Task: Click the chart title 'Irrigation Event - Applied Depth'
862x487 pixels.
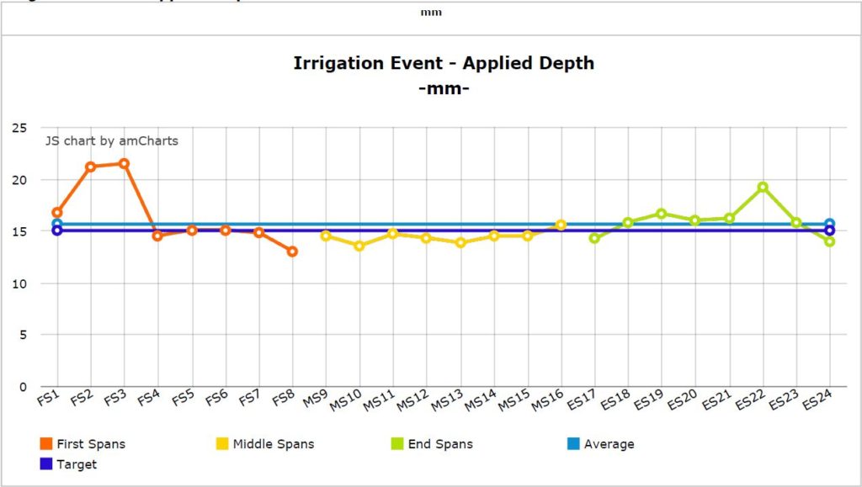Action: pyautogui.click(x=444, y=63)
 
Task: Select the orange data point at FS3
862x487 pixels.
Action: pyautogui.click(x=124, y=163)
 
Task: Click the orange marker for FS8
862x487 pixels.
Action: pyautogui.click(x=292, y=251)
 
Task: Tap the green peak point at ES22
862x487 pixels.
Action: pyautogui.click(x=763, y=187)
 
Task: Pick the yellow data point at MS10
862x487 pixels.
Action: pyautogui.click(x=359, y=246)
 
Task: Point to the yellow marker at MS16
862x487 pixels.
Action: pyautogui.click(x=561, y=225)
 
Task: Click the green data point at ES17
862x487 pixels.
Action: pyautogui.click(x=594, y=238)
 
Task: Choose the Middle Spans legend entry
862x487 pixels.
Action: pyautogui.click(x=265, y=444)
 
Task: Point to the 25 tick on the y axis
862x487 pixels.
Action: pyautogui.click(x=18, y=127)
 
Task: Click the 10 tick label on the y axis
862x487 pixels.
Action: pyautogui.click(x=18, y=283)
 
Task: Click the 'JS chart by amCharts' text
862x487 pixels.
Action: pyautogui.click(x=112, y=141)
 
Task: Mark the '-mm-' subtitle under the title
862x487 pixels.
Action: pyautogui.click(x=444, y=87)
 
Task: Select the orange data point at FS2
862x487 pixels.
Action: pyautogui.click(x=90, y=167)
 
